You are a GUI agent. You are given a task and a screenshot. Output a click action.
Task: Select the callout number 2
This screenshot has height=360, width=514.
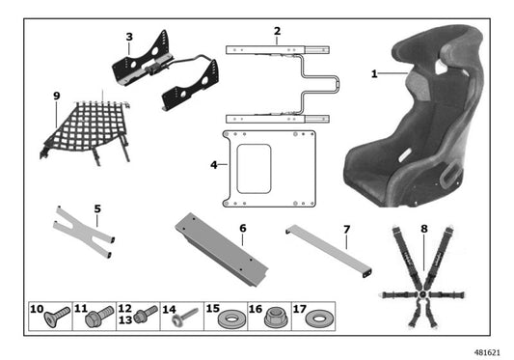tap(277, 31)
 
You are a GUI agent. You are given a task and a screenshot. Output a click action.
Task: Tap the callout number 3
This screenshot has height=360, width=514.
tap(128, 37)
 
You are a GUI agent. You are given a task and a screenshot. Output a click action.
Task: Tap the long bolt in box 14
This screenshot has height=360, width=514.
tap(187, 316)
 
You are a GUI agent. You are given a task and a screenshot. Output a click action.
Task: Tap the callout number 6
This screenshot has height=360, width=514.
tap(242, 229)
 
